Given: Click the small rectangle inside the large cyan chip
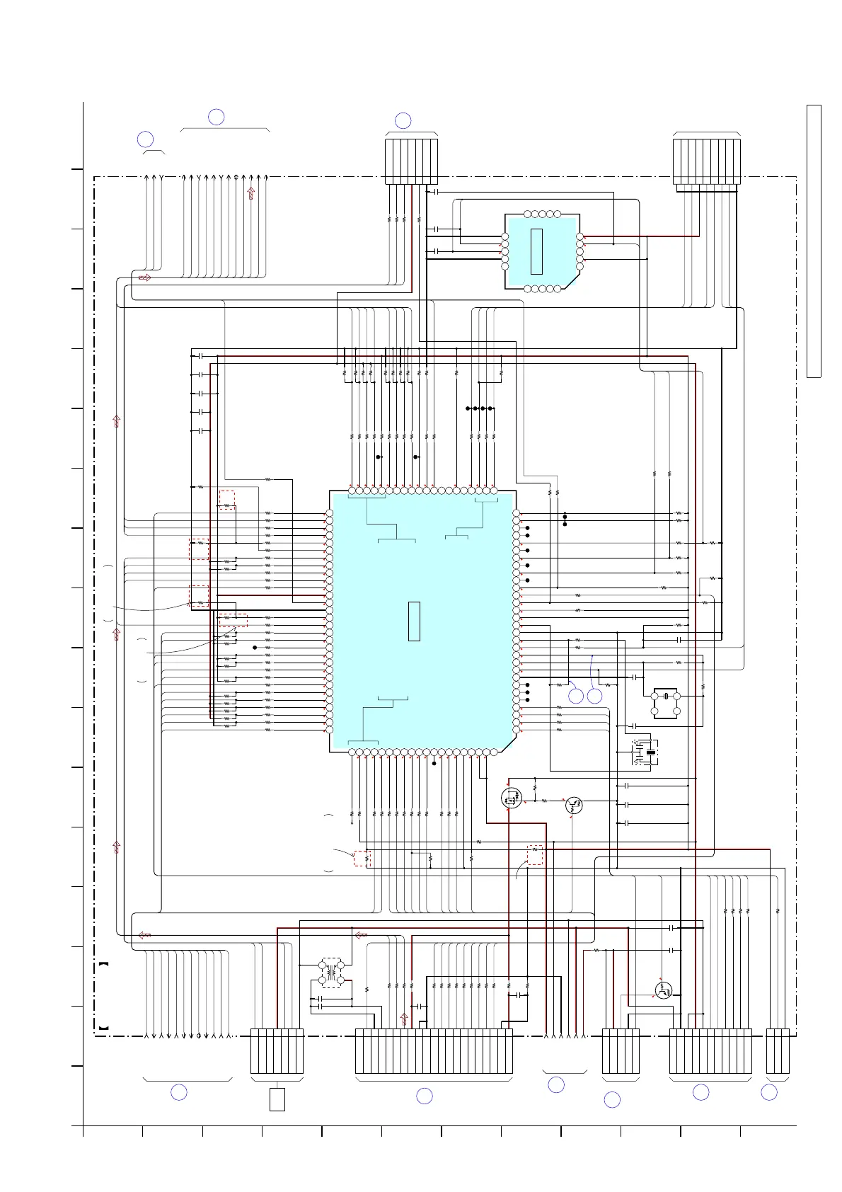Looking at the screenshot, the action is tap(414, 621).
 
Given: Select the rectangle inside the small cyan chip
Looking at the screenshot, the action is tap(536, 251).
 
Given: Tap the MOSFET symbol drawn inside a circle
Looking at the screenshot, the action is tap(511, 798).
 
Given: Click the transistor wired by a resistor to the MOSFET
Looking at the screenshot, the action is tap(574, 805).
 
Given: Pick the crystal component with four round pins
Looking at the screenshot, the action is tap(666, 703).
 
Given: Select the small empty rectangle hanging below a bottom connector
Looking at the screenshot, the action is tap(277, 1099).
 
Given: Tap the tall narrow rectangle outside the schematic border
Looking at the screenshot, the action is tap(814, 241).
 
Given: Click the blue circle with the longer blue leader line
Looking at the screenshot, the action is tap(594, 696).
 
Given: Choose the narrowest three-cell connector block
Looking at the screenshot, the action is tap(778, 1051).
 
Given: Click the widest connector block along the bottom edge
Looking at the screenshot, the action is tap(433, 1051).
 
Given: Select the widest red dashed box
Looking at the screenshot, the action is tap(233, 620).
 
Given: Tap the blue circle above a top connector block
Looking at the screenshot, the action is tap(403, 120).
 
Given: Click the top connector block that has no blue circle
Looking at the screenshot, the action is tap(706, 162).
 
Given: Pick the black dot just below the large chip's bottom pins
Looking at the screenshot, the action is tap(434, 763).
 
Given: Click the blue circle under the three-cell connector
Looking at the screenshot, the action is tap(769, 1093).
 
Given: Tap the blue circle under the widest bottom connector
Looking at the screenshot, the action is tap(424, 1096).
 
